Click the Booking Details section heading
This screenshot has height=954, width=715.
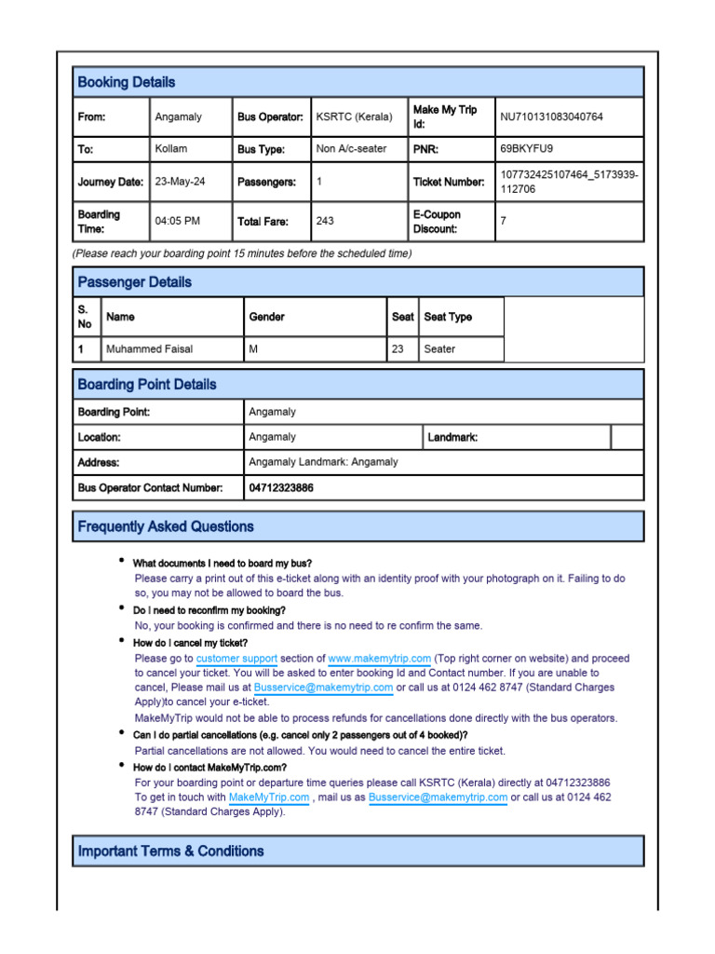point(126,82)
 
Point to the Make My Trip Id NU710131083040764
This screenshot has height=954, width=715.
point(551,117)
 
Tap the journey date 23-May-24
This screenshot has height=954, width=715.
point(181,182)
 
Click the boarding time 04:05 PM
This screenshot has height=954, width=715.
point(177,222)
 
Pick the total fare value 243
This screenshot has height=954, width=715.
point(325,222)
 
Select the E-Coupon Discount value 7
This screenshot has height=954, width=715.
point(504,222)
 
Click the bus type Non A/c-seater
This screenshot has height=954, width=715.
point(351,148)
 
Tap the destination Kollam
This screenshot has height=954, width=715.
point(170,148)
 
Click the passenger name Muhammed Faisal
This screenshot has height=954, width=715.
point(150,349)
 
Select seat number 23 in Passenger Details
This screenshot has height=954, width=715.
point(398,349)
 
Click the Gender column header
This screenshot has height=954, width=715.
point(266,317)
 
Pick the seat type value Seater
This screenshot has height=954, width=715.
point(439,349)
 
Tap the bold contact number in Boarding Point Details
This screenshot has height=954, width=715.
point(281,487)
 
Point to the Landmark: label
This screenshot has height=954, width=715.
point(452,437)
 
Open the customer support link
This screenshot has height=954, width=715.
point(236,659)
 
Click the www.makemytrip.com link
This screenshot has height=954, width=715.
point(379,659)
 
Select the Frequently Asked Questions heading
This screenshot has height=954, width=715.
point(166,526)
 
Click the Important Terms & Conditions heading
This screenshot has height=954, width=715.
point(170,851)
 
